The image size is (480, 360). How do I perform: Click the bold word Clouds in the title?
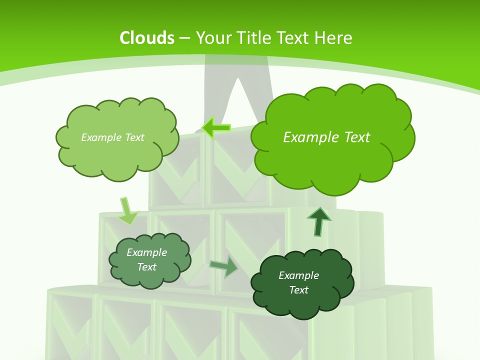(147, 38)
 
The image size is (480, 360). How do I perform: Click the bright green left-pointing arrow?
(216, 127)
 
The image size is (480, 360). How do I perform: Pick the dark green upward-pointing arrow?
(318, 221)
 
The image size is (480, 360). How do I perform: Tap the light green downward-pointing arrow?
(128, 211)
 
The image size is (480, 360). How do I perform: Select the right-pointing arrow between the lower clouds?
(224, 267)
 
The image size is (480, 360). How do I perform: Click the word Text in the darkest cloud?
(298, 290)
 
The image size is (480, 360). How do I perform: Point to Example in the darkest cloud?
(298, 275)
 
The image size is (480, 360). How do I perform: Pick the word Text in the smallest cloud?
(146, 267)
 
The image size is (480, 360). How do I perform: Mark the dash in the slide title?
(184, 38)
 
